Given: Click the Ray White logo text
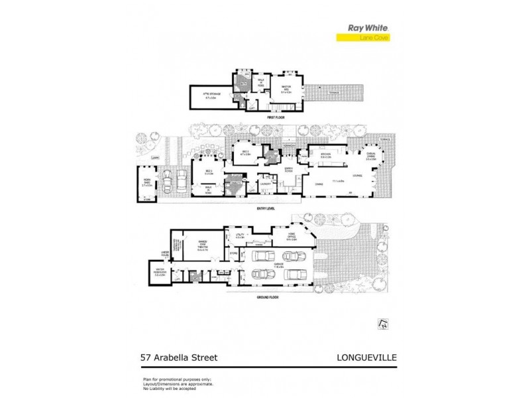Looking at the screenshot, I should (368, 29).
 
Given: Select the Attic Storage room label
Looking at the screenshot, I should (212, 96).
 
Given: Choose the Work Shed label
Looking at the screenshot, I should (147, 184).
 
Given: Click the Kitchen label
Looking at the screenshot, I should (326, 155).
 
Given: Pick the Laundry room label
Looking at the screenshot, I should (266, 184).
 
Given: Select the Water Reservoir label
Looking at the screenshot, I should (160, 269).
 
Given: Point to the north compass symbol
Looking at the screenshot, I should (382, 323).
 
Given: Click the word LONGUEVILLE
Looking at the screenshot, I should (361, 358).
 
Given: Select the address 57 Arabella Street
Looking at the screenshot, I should (180, 358).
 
